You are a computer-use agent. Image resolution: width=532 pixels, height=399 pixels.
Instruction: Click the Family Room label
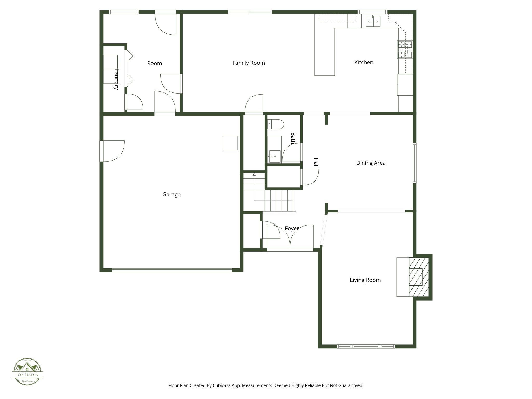pyautogui.click(x=249, y=63)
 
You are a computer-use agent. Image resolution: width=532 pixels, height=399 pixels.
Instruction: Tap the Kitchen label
pyautogui.click(x=364, y=62)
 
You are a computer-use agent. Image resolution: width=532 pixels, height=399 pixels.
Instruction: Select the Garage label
pyautogui.click(x=171, y=194)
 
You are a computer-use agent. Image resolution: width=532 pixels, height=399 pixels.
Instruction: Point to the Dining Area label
pyautogui.click(x=371, y=163)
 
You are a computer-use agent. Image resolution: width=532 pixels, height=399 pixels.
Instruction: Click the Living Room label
pyautogui.click(x=365, y=280)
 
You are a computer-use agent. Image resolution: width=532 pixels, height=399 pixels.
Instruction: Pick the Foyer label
pyautogui.click(x=292, y=228)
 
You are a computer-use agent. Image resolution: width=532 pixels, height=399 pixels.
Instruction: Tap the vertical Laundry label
pyautogui.click(x=116, y=79)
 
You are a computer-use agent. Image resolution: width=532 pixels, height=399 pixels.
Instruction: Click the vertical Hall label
pyautogui.click(x=316, y=163)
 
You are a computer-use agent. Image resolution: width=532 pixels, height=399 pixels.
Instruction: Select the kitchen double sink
pyautogui.click(x=373, y=21)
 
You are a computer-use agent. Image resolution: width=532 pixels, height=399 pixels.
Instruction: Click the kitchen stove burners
pyautogui.click(x=405, y=50)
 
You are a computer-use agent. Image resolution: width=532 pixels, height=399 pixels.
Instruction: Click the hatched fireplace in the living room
pyautogui.click(x=418, y=277)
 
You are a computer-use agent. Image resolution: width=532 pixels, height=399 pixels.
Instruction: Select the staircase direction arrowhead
pyautogui.click(x=254, y=174)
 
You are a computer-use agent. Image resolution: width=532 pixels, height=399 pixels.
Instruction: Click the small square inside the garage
pyautogui.click(x=230, y=143)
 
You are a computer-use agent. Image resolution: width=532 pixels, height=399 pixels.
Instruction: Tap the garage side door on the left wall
pyautogui.click(x=102, y=151)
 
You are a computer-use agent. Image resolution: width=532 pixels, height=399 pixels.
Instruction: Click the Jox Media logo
pyautogui.click(x=27, y=372)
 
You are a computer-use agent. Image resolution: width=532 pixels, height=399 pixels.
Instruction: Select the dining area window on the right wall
pyautogui.click(x=415, y=163)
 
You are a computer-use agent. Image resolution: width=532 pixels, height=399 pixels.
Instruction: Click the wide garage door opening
pyautogui.click(x=172, y=270)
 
